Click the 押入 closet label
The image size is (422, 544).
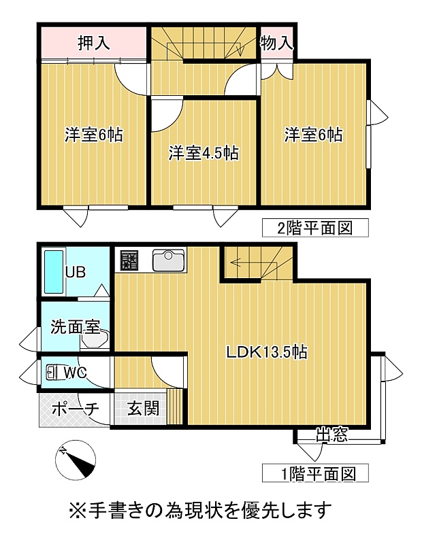[94, 43]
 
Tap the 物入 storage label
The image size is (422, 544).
[276, 44]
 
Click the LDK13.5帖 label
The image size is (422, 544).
[267, 352]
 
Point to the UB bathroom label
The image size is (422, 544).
[76, 272]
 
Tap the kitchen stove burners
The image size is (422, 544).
[129, 260]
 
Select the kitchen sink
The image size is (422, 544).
[168, 260]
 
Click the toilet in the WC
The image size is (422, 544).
[53, 372]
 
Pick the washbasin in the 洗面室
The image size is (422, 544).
[95, 338]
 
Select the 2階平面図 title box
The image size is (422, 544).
[315, 228]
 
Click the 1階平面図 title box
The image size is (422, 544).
[315, 473]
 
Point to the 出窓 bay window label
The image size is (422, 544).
[331, 434]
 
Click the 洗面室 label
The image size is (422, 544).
[76, 326]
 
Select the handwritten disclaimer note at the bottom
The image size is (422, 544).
[201, 509]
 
